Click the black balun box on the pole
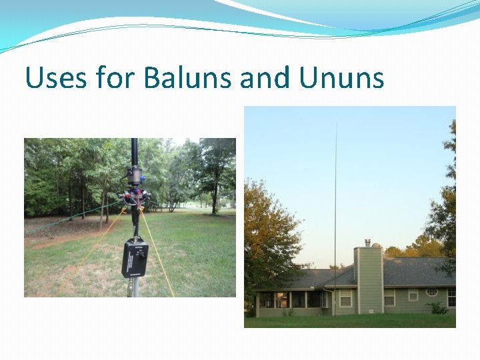coord(134,259)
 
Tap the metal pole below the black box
coord(135,287)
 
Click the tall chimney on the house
coord(369,280)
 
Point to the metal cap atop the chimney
coord(368,243)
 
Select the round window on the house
coord(431,292)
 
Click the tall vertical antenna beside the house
coord(335,200)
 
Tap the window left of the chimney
coord(345,298)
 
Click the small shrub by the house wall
coord(437,308)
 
